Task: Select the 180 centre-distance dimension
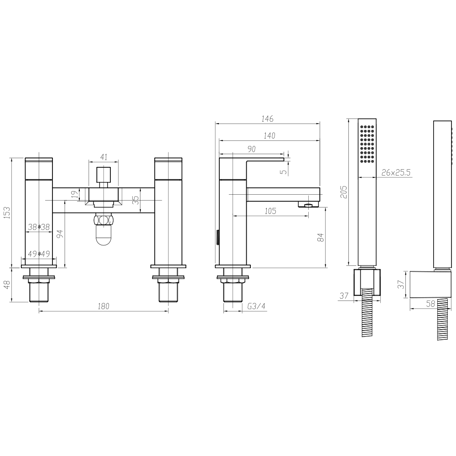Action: point(104,306)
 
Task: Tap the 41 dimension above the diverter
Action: point(104,157)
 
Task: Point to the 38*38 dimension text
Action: point(38,227)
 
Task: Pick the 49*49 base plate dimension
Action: point(39,254)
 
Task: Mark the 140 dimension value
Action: point(269,135)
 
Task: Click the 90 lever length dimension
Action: point(251,149)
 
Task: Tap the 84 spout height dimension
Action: point(320,237)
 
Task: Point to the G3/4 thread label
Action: point(256,306)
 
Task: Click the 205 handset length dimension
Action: point(344,192)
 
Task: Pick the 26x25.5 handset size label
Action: point(395,172)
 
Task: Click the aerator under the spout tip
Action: point(309,205)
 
